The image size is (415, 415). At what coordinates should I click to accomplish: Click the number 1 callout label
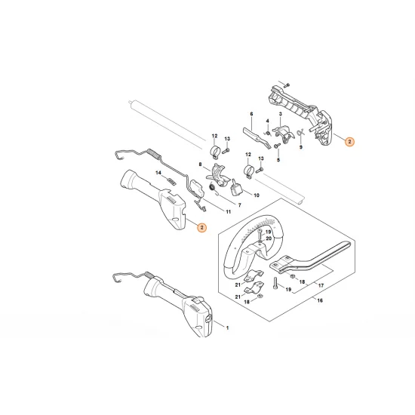point(229,327)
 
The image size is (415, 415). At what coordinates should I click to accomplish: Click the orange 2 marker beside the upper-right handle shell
point(349,140)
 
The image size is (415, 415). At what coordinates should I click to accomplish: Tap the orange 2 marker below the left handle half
point(200,226)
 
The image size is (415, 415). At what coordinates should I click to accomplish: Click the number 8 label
point(201,164)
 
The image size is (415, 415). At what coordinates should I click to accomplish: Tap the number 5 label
point(278,160)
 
